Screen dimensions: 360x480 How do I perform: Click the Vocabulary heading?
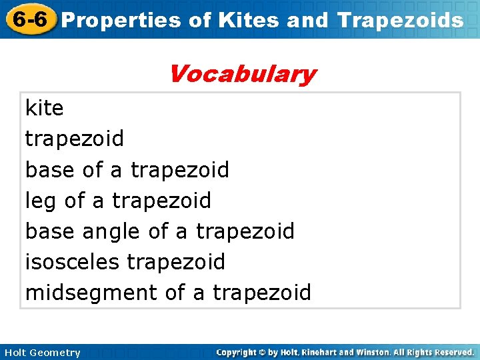pyautogui.click(x=242, y=73)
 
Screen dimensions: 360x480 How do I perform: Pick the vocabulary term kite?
pyautogui.click(x=44, y=107)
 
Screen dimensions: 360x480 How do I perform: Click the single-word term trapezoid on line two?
pyautogui.click(x=74, y=139)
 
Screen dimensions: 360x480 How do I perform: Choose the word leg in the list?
pyautogui.click(x=41, y=201)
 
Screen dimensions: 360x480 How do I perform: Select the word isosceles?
pyautogui.click(x=73, y=262)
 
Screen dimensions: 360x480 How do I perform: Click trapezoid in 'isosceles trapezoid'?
pyautogui.click(x=176, y=262)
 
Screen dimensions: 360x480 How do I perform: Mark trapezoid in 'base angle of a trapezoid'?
pyautogui.click(x=245, y=231)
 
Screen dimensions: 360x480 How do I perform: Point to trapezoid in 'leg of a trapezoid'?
pyautogui.click(x=161, y=201)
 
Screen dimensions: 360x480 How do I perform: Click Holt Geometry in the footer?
pyautogui.click(x=42, y=353)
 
